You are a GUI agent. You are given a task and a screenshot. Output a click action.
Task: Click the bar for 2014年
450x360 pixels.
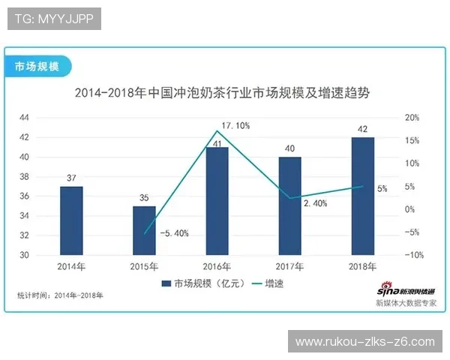71,220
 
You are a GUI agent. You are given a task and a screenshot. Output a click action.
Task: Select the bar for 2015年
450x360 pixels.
144,230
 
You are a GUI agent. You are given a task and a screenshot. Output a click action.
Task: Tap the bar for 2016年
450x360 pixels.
217,201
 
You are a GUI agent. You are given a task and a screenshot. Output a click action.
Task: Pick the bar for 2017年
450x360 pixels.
290,205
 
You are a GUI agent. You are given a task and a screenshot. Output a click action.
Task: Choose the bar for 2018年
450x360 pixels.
363,196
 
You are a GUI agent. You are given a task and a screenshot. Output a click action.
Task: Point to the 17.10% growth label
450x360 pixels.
235,125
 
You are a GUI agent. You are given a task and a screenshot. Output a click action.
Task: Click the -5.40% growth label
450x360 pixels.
174,233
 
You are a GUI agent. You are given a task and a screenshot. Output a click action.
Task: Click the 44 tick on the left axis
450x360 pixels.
24,118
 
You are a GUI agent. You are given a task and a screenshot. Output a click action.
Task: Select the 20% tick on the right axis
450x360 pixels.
412,118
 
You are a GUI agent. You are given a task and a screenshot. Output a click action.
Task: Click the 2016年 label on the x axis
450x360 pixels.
217,266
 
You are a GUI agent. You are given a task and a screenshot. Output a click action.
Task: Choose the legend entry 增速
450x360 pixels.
273,284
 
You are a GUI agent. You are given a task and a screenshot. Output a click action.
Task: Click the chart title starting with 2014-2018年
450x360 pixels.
223,94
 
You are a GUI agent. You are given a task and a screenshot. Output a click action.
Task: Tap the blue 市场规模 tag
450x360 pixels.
37,66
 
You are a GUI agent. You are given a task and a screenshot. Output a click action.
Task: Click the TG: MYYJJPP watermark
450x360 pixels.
53,19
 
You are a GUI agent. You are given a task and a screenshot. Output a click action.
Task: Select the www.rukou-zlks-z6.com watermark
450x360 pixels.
364,342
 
